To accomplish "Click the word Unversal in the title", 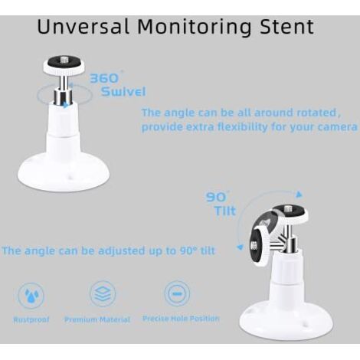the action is [83, 26].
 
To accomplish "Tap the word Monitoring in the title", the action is [195, 28].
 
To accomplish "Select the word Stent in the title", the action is [286, 27].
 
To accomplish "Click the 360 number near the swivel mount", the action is [105, 78].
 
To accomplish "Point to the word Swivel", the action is [123, 91].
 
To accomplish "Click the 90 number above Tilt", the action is [216, 197].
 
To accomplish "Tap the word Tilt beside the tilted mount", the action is [225, 211].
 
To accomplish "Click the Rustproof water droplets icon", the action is [31, 296].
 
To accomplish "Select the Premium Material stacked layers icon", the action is [103, 293].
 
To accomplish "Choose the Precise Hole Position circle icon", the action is [177, 293].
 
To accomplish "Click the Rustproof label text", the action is [31, 319].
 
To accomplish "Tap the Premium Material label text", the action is [97, 319].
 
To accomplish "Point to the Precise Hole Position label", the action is [181, 319].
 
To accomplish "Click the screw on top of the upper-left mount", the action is [64, 61].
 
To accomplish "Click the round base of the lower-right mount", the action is [286, 320].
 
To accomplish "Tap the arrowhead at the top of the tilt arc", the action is [299, 195].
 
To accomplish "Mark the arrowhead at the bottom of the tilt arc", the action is [240, 247].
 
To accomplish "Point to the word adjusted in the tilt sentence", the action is [123, 250].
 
